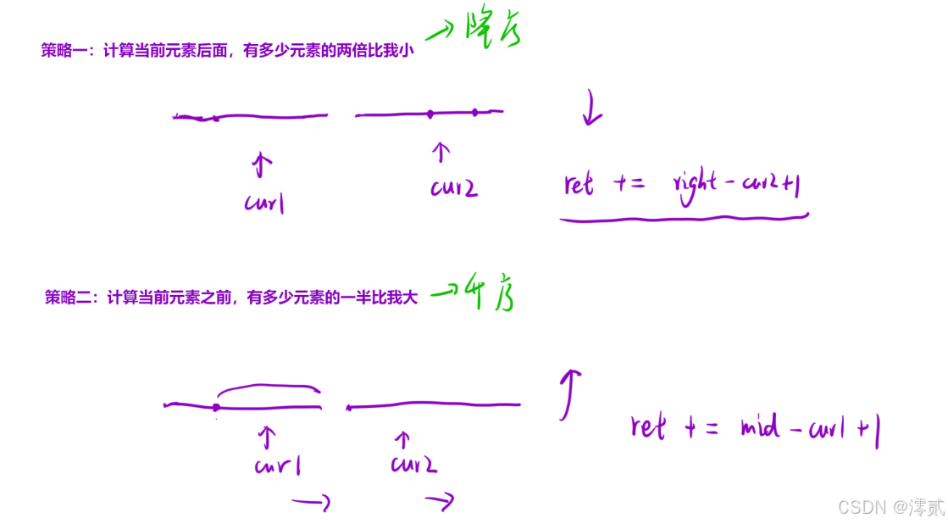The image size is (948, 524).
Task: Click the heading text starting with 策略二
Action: (230, 298)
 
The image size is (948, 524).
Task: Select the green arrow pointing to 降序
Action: (441, 33)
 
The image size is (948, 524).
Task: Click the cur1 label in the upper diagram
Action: (263, 203)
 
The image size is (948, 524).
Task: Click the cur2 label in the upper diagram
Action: (453, 187)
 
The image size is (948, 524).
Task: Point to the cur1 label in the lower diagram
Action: (277, 465)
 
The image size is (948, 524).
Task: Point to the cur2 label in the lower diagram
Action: (413, 464)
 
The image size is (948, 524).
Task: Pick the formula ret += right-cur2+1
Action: (682, 183)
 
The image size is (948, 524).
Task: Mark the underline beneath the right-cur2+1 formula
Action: (683, 219)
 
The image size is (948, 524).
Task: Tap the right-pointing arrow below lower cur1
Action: (311, 503)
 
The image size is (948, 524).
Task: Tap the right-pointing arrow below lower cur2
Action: (440, 502)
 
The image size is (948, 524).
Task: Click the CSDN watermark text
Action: (890, 507)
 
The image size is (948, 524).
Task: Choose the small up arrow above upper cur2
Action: (440, 152)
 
